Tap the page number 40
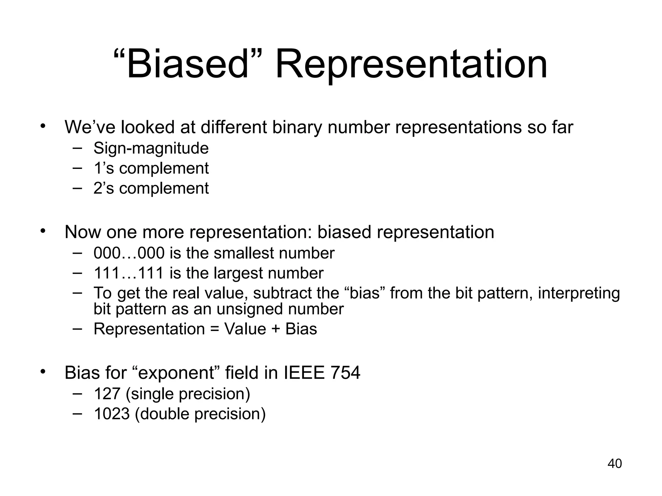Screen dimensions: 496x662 (614, 464)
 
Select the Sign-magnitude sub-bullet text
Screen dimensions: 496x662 (151, 149)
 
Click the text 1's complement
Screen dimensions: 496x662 (151, 169)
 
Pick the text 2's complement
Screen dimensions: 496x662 (151, 189)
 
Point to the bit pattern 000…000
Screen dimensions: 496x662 (129, 253)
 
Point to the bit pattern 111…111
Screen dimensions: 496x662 (129, 273)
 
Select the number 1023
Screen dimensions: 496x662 (112, 414)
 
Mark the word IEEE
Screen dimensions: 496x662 (304, 373)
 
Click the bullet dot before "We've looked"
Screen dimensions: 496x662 (43, 127)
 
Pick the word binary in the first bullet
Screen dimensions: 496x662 (297, 128)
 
